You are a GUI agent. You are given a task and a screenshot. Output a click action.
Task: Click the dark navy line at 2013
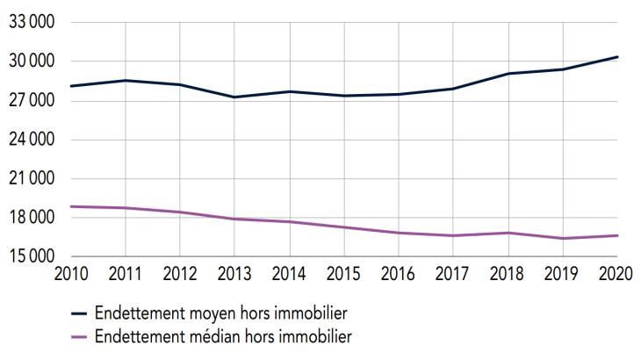pos(234,97)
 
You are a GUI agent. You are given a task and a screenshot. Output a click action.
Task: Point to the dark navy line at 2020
pos(617,57)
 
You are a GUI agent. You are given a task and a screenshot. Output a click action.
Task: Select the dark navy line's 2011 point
pos(126,81)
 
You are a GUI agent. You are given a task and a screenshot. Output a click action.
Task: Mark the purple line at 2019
pos(563,238)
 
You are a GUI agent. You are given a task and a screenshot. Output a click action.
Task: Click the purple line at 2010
pos(71,206)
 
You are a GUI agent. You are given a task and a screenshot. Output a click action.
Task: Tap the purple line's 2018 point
pos(508,233)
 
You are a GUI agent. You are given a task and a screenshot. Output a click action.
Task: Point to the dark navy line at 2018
pos(508,74)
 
